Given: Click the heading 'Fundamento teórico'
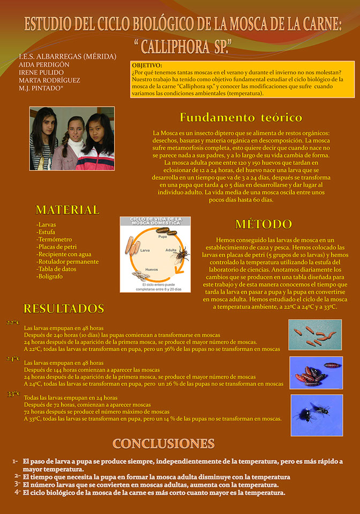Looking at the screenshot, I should [241, 117].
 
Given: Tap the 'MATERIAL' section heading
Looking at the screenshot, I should [67, 210].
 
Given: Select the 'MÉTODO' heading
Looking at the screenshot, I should [264, 224].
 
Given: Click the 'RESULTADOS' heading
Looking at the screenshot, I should [64, 308].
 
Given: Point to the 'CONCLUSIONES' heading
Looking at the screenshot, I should [163, 443].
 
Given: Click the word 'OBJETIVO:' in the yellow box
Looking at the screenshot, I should [147, 65].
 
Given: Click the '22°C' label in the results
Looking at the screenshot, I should [13, 323].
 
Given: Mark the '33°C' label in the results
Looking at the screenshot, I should [13, 394].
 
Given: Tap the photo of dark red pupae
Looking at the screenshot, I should [316, 372].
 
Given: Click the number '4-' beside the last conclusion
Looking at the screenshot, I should [17, 492].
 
